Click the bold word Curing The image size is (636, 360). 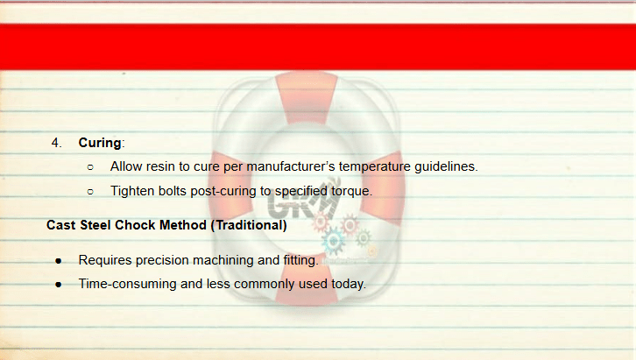[x=100, y=143]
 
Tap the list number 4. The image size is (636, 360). [x=56, y=143]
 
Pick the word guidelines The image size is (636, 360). [x=446, y=166]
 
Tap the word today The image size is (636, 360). [x=349, y=284]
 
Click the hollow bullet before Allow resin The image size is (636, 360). [x=90, y=167]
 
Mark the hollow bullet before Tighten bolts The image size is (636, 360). [x=90, y=191]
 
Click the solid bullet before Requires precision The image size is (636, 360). [x=59, y=261]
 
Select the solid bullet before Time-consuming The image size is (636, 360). [x=59, y=285]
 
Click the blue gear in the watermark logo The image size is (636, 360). [x=334, y=241]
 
